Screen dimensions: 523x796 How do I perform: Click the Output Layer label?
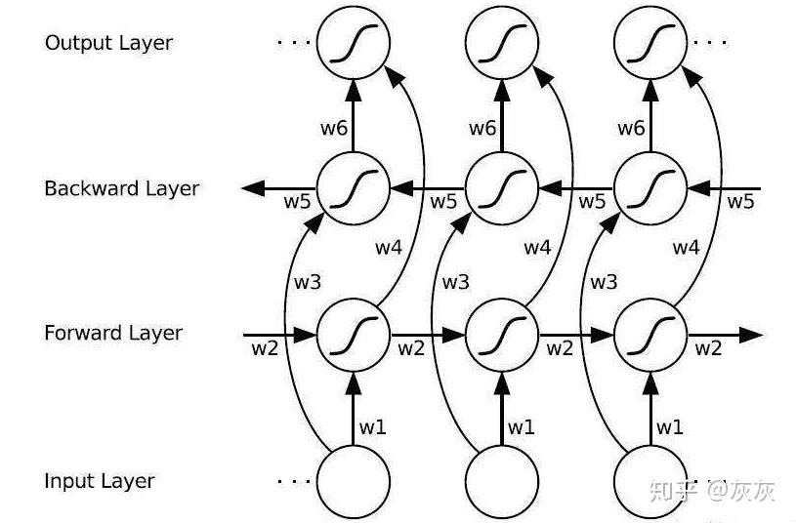[x=108, y=43]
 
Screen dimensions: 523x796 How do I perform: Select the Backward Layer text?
[x=121, y=188]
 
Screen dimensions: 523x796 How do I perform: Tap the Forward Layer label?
[x=113, y=333]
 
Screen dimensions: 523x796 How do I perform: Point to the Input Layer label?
[x=100, y=481]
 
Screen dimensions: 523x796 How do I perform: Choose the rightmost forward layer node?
[x=650, y=335]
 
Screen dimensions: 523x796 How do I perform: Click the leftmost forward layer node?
[x=353, y=335]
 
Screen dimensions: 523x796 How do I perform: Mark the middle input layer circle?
[x=502, y=481]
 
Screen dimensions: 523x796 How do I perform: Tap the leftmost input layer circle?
[x=353, y=481]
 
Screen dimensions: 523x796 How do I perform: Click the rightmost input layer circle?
[x=650, y=481]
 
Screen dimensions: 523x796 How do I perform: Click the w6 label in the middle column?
[x=482, y=129]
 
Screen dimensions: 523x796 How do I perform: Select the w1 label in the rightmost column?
[x=670, y=426]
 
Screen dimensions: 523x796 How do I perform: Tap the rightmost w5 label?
[x=740, y=202]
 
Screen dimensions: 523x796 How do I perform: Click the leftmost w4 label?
[x=389, y=248]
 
